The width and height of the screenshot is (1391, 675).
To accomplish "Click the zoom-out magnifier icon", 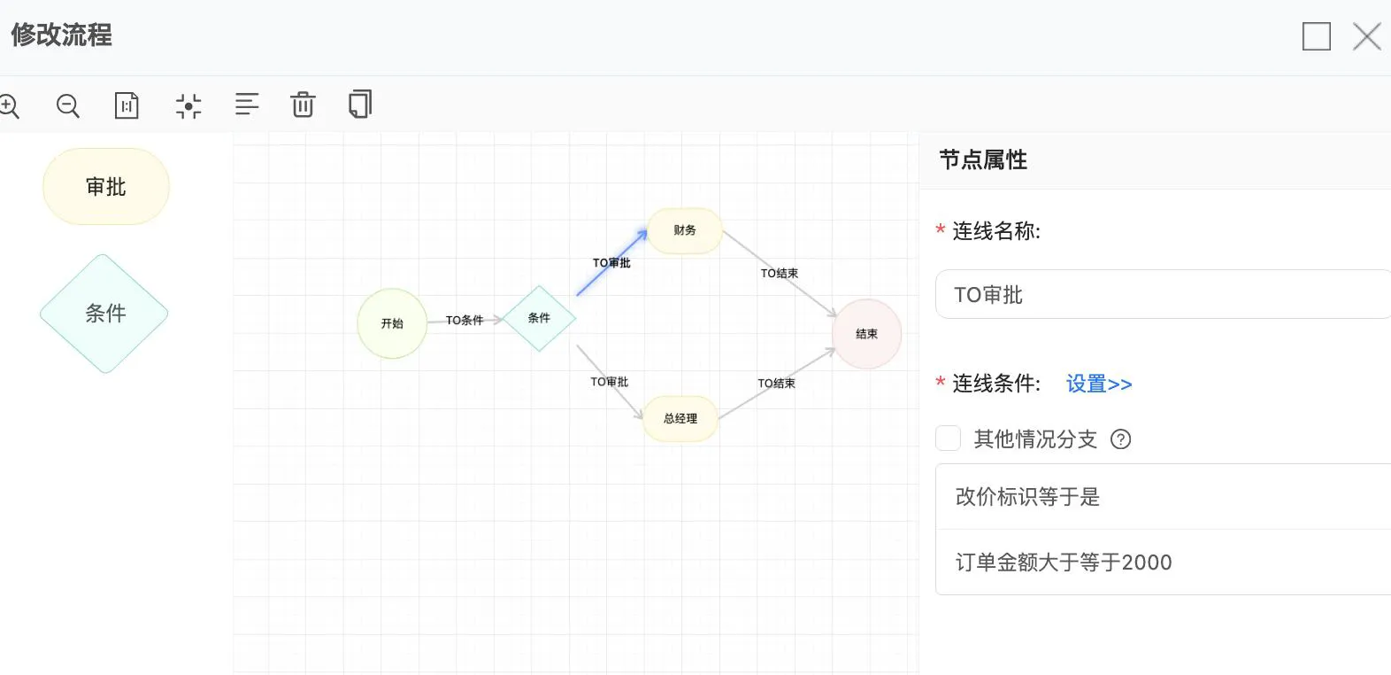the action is [x=67, y=105].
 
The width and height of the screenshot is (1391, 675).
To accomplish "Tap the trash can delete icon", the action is [x=303, y=105].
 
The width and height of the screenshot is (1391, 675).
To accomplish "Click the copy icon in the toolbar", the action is [x=360, y=104].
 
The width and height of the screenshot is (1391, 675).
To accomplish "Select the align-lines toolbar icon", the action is [x=247, y=105].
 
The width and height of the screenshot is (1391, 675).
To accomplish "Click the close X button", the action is [x=1367, y=36].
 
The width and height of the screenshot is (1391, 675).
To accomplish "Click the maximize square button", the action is [x=1317, y=36].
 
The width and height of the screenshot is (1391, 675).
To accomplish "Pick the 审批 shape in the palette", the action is [x=106, y=186].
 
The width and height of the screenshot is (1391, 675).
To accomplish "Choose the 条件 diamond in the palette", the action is [x=104, y=314].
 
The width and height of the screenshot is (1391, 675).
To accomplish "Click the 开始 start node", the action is [x=392, y=323].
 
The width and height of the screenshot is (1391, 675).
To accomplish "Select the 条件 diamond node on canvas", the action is [x=539, y=318].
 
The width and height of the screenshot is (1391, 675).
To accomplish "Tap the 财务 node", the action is [x=685, y=230].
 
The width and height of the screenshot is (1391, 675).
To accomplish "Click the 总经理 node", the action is [x=680, y=418].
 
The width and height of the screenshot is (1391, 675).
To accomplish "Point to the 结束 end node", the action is [x=867, y=334].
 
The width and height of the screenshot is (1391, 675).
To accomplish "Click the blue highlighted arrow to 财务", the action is [x=612, y=262].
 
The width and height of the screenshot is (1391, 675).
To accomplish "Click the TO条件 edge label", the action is [x=465, y=320].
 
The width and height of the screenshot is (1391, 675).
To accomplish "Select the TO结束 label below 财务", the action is [x=780, y=273].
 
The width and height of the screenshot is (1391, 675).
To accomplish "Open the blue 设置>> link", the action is [x=1099, y=384].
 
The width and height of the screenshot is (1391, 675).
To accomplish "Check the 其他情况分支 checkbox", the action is [x=949, y=438].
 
